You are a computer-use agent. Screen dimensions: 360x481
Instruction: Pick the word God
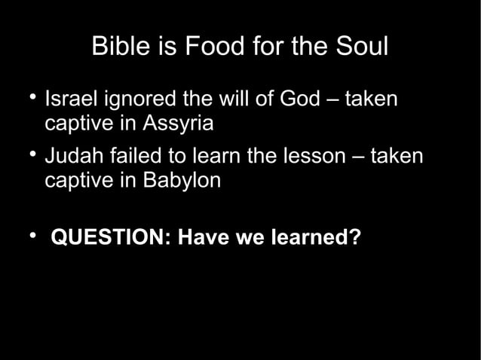click(301, 100)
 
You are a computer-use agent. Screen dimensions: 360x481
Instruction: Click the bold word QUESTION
click(111, 238)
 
